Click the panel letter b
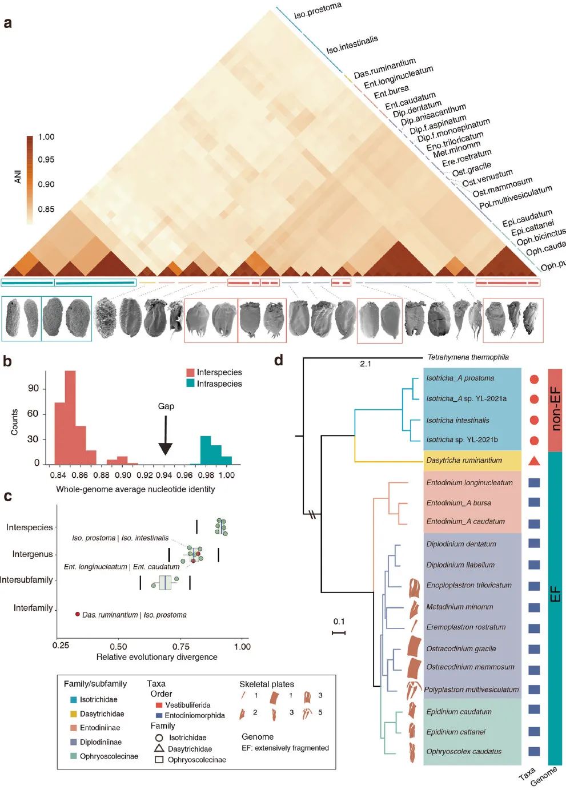click(x=8, y=361)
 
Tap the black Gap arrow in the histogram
click(x=165, y=436)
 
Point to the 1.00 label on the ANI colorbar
click(x=46, y=137)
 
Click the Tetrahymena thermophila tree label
click(x=468, y=357)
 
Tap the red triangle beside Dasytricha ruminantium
click(x=534, y=461)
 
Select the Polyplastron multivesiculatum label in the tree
click(x=471, y=690)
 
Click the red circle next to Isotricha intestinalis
click(x=534, y=420)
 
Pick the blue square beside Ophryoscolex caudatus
click(x=534, y=752)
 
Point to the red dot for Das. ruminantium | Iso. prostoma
click(x=78, y=614)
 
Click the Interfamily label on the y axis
click(x=33, y=608)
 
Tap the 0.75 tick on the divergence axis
click(x=180, y=646)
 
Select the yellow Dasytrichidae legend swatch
click(x=73, y=714)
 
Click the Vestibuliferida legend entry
click(x=187, y=705)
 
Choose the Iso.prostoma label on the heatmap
click(x=318, y=10)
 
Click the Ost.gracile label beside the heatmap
click(x=471, y=169)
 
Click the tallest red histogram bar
click(x=70, y=417)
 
